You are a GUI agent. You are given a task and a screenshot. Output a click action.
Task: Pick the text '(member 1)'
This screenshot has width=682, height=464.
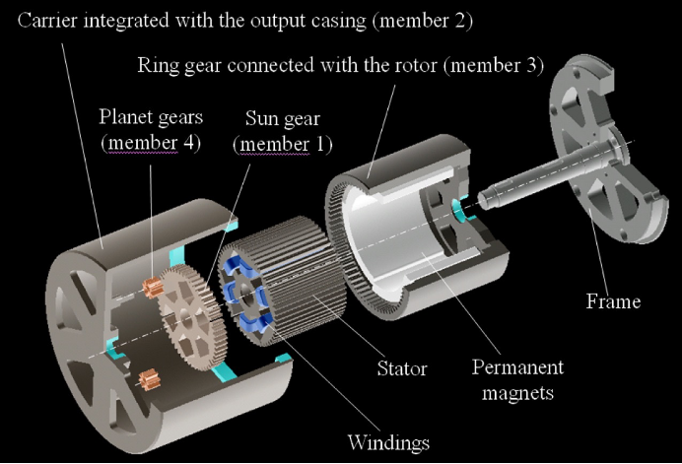283,145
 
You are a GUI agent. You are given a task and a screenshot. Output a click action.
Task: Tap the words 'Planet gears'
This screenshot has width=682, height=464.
151,120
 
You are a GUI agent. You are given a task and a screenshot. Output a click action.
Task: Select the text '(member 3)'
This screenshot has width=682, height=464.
520,67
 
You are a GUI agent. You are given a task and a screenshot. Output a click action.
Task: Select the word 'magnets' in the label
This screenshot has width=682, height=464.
519,393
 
